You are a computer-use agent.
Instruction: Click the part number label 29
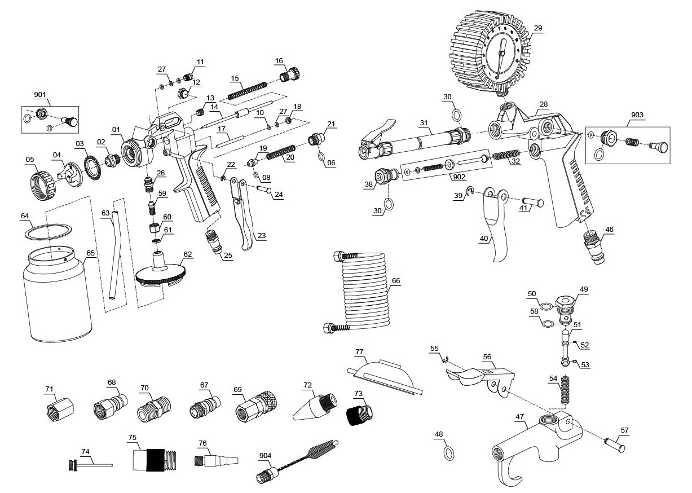537,28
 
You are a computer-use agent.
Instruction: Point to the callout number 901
41,95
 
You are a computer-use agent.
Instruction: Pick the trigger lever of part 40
496,226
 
